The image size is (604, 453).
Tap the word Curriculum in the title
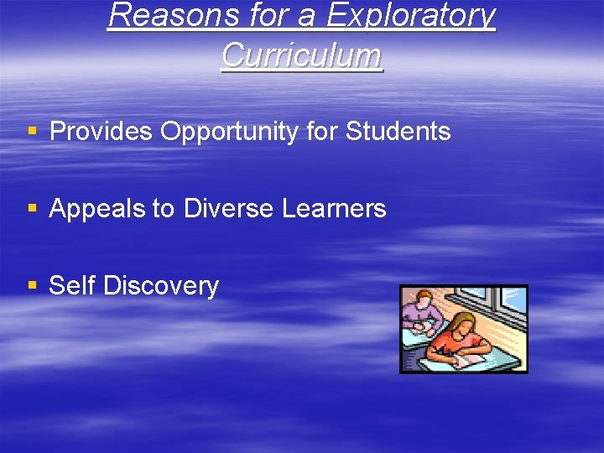click(x=302, y=55)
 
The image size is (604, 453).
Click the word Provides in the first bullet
click(x=102, y=132)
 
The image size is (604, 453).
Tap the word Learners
click(x=333, y=209)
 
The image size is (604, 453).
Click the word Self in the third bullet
click(x=72, y=286)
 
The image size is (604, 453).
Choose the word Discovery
click(x=160, y=286)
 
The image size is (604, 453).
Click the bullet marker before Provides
click(x=33, y=132)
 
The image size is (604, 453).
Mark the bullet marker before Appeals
click(x=33, y=209)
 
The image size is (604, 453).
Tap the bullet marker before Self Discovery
click(x=33, y=286)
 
